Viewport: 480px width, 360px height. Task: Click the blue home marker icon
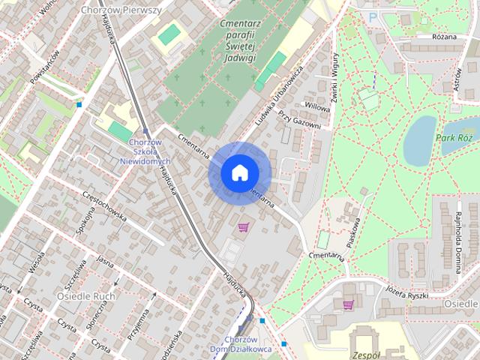point(239,173)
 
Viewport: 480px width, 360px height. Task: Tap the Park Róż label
point(454,139)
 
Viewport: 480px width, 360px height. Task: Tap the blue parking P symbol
point(373,16)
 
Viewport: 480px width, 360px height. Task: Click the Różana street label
point(445,37)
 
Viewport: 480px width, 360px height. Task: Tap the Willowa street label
point(317,107)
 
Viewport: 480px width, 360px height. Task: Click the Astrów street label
point(458,79)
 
